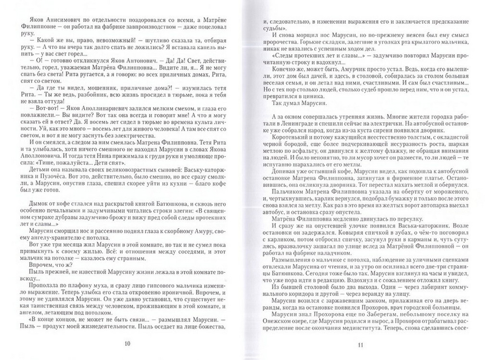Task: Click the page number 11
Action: pyautogui.click(x=360, y=344)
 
